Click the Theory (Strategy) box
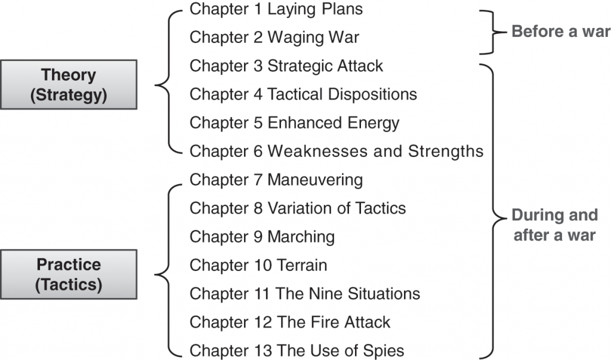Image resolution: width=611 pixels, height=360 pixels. [69, 85]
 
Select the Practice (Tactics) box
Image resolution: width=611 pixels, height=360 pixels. [69, 275]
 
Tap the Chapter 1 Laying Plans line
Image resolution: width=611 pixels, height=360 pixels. [276, 10]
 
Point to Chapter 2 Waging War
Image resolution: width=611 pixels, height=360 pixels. [274, 38]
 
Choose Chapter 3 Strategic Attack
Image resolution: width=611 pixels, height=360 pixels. [286, 66]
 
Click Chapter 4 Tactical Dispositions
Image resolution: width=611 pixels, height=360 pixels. [303, 94]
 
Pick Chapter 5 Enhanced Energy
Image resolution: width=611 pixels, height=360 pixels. [294, 123]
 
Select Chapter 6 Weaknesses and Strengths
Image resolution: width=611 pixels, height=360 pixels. [336, 151]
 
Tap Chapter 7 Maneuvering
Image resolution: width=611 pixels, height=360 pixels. [276, 179]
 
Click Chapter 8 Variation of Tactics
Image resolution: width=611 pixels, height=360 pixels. [298, 208]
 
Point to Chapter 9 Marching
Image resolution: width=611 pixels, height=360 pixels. [262, 236]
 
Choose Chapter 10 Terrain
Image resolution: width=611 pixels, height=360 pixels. [258, 264]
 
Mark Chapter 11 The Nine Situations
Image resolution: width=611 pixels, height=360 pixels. [305, 294]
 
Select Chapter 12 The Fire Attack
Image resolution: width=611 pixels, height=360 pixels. [290, 322]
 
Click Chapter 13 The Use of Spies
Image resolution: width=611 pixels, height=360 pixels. [297, 350]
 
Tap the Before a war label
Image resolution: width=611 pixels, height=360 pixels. [560, 32]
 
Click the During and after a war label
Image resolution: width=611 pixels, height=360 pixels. [554, 224]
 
